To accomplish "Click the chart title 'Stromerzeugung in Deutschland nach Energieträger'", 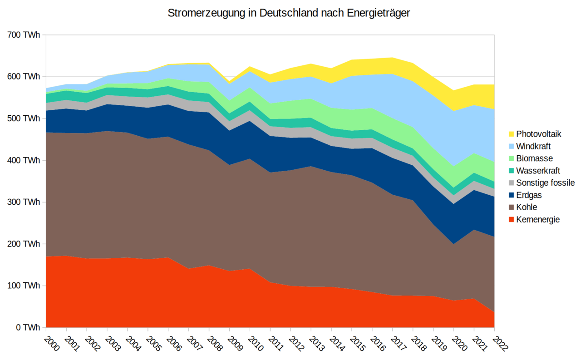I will pyautogui.click(x=289, y=13).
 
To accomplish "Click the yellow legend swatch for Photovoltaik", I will pyautogui.click(x=511, y=134).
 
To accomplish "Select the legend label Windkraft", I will pyautogui.click(x=534, y=146).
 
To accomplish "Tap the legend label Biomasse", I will pyautogui.click(x=534, y=158).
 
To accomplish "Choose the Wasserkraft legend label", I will pyautogui.click(x=538, y=171).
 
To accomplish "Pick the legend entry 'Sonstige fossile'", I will pyautogui.click(x=546, y=183).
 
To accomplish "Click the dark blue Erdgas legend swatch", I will pyautogui.click(x=511, y=195).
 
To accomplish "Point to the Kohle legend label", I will pyautogui.click(x=527, y=207).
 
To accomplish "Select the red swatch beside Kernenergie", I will pyautogui.click(x=511, y=220).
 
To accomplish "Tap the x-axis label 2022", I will pyautogui.click(x=501, y=344).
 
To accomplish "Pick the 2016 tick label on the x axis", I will pyautogui.click(x=379, y=344).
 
